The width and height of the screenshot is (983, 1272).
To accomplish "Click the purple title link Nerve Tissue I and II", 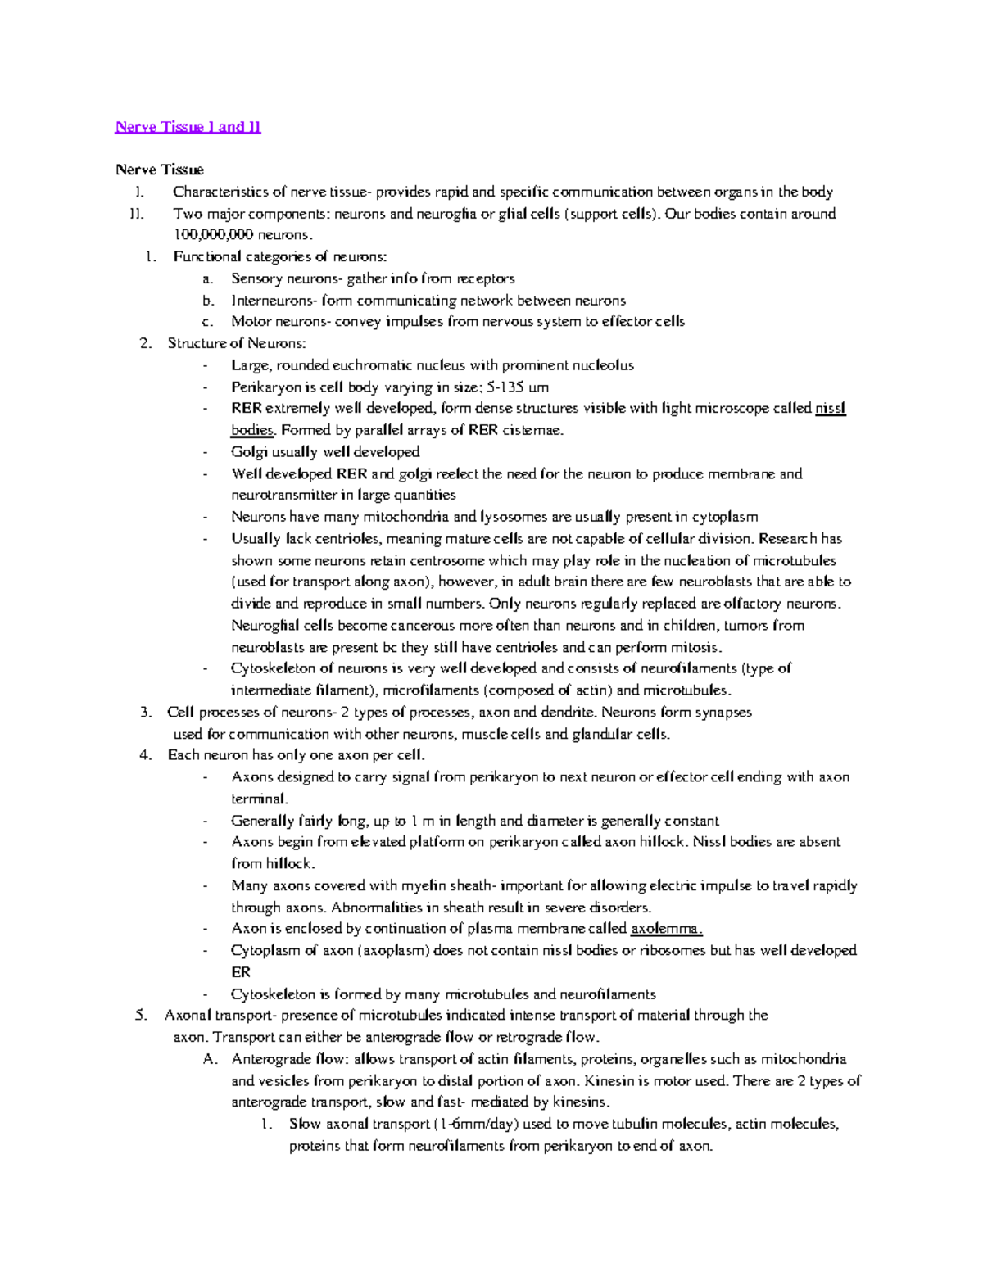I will [x=188, y=127].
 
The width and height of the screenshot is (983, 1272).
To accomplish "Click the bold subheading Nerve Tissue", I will [x=159, y=170].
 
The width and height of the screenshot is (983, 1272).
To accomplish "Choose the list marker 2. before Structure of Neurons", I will [x=146, y=343].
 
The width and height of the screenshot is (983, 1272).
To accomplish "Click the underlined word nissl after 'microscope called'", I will [x=830, y=409].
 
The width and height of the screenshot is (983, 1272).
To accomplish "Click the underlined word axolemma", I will [x=665, y=929].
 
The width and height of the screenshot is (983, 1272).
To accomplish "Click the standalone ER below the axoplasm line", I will [x=241, y=972].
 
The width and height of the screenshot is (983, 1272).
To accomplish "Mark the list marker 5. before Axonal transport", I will [x=141, y=1016].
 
